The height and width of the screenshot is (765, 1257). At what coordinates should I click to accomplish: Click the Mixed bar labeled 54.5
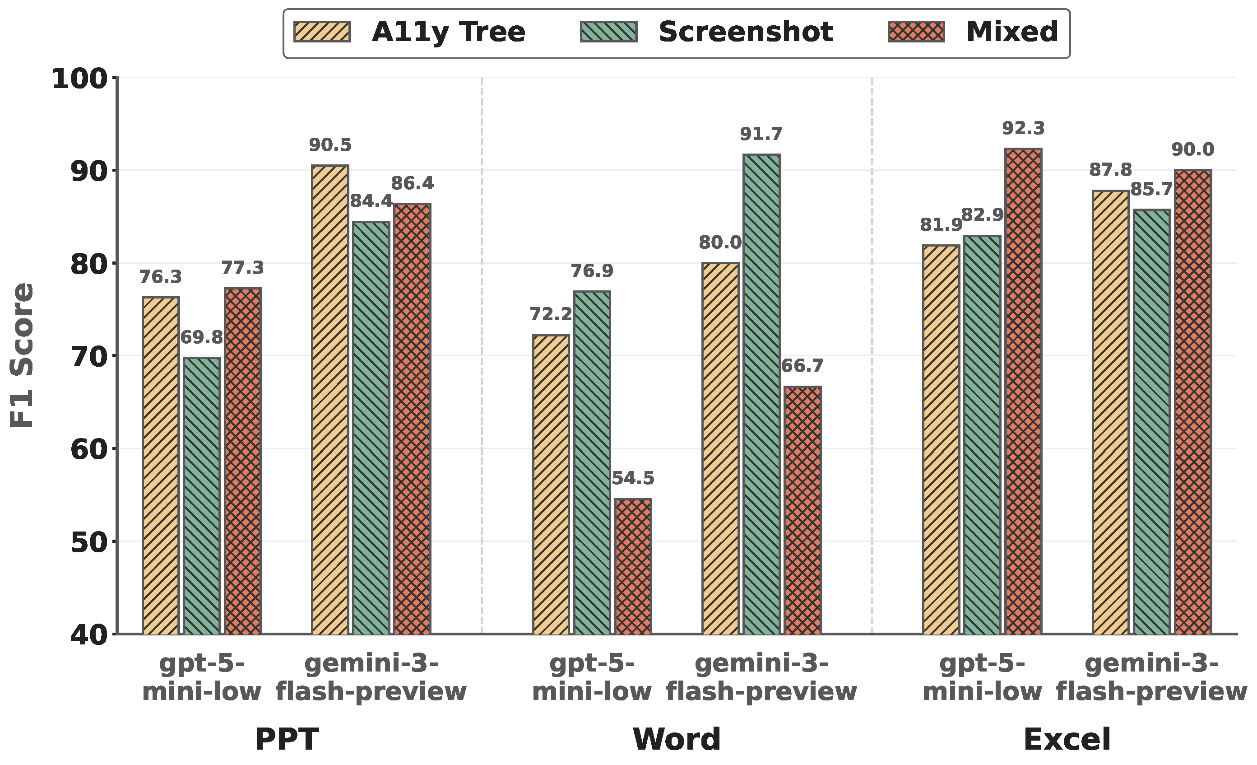pos(633,566)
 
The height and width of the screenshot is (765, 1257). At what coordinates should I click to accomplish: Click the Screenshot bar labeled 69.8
pos(202,495)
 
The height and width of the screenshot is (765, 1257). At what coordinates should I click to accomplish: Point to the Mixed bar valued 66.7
pos(802,510)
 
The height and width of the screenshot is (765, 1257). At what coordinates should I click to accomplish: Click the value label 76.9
pos(592,271)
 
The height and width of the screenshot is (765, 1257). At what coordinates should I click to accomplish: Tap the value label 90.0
pos(1192,149)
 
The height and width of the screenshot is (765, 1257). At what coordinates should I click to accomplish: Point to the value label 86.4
pos(412,183)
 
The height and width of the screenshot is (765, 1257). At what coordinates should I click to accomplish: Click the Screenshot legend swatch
pos(608,32)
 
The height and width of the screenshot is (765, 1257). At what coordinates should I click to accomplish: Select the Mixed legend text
pos(1012,32)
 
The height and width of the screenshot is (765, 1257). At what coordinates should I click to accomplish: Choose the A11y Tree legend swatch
pos(322,32)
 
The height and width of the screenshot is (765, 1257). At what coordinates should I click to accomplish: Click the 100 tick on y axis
pos(80,79)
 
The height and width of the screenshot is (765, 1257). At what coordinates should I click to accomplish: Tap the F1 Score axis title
pos(22,356)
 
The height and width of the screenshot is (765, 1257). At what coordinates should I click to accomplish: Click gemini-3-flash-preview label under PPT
pos(371,677)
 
